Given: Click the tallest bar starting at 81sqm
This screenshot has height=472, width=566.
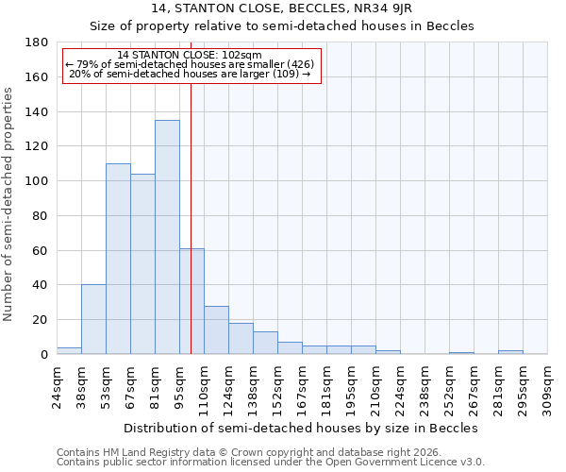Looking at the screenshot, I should (x=167, y=237).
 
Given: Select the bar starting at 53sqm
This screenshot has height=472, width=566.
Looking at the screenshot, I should (x=118, y=259).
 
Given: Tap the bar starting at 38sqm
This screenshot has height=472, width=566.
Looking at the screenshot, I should (x=93, y=319).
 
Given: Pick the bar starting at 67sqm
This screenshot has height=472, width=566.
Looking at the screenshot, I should (x=142, y=264).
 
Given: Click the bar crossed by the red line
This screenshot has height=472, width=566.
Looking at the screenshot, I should (x=191, y=301).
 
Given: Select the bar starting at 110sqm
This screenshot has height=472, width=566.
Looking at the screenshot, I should (x=216, y=329).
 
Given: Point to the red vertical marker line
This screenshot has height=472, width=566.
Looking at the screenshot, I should (x=191, y=189).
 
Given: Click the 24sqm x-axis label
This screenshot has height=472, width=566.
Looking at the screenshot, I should (x=58, y=384).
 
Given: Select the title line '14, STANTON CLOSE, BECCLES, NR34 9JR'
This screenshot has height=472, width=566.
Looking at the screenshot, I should (x=282, y=8).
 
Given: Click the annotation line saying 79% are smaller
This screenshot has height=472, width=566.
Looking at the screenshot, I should (x=190, y=64).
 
